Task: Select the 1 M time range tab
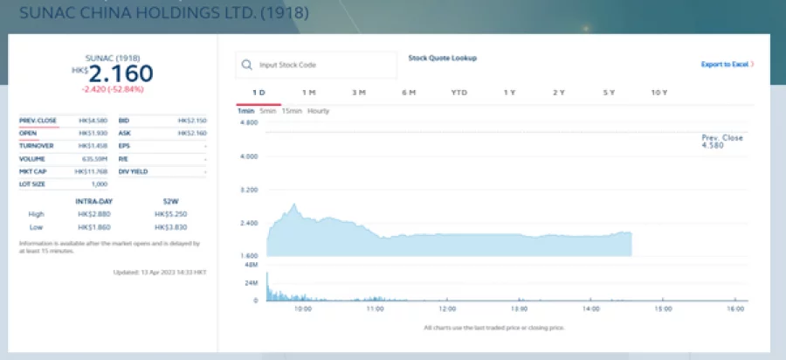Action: pos(308,93)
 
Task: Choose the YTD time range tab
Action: pos(458,93)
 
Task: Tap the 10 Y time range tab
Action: pos(659,93)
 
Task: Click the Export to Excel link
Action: pos(727,64)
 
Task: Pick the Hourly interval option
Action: pos(319,111)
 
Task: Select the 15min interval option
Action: pos(293,111)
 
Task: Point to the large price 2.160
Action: pos(121,73)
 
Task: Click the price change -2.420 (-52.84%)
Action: pos(113,89)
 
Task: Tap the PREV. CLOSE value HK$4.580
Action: pos(92,120)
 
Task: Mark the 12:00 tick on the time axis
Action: pos(446,308)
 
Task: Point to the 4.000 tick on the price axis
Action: pos(250,156)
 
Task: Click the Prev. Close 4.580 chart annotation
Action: pos(722,142)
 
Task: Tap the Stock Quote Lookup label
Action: pos(442,59)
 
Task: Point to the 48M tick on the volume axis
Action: pos(251,264)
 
